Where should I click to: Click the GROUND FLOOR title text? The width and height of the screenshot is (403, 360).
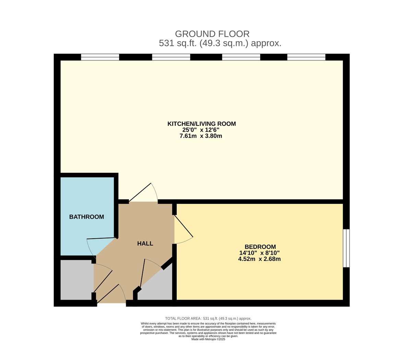(212, 34)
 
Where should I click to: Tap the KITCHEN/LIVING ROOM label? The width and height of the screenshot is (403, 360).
(201, 124)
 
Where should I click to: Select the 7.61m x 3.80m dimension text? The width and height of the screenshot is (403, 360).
(201, 136)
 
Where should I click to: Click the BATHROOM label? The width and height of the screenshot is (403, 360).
(86, 217)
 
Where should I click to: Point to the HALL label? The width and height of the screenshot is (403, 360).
(145, 244)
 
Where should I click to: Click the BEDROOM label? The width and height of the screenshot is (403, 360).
(260, 247)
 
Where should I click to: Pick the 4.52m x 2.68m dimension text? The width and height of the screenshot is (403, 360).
(259, 259)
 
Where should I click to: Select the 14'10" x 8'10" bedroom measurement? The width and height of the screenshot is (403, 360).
(259, 253)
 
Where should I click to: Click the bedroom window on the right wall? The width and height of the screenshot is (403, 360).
(346, 248)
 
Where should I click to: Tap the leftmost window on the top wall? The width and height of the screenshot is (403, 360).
(100, 57)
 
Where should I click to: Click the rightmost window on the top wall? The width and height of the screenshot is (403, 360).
(306, 57)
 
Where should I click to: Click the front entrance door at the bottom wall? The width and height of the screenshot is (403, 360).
(112, 295)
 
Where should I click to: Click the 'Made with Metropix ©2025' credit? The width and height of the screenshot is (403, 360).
(208, 339)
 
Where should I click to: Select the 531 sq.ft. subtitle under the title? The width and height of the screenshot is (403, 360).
(220, 43)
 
